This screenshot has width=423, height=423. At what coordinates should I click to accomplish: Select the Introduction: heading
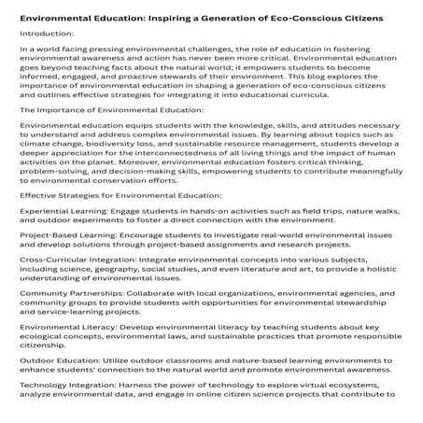46,38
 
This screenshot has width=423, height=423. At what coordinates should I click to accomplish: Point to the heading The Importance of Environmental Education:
111,135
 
